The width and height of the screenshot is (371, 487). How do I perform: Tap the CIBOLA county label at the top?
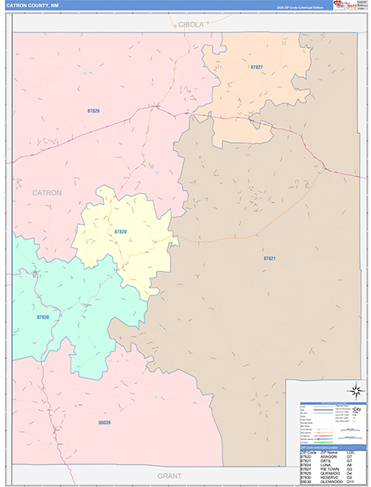tap(192, 25)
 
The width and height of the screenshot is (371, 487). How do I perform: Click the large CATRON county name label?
tap(46, 192)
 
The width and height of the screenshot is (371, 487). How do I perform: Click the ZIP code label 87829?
tap(93, 110)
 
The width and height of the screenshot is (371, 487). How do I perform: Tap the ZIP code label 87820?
tap(120, 232)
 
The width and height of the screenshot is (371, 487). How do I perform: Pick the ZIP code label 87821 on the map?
tap(270, 257)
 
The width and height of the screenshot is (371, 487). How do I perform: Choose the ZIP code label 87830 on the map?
tap(42, 317)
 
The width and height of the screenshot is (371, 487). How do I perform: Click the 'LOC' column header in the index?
tap(350, 452)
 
